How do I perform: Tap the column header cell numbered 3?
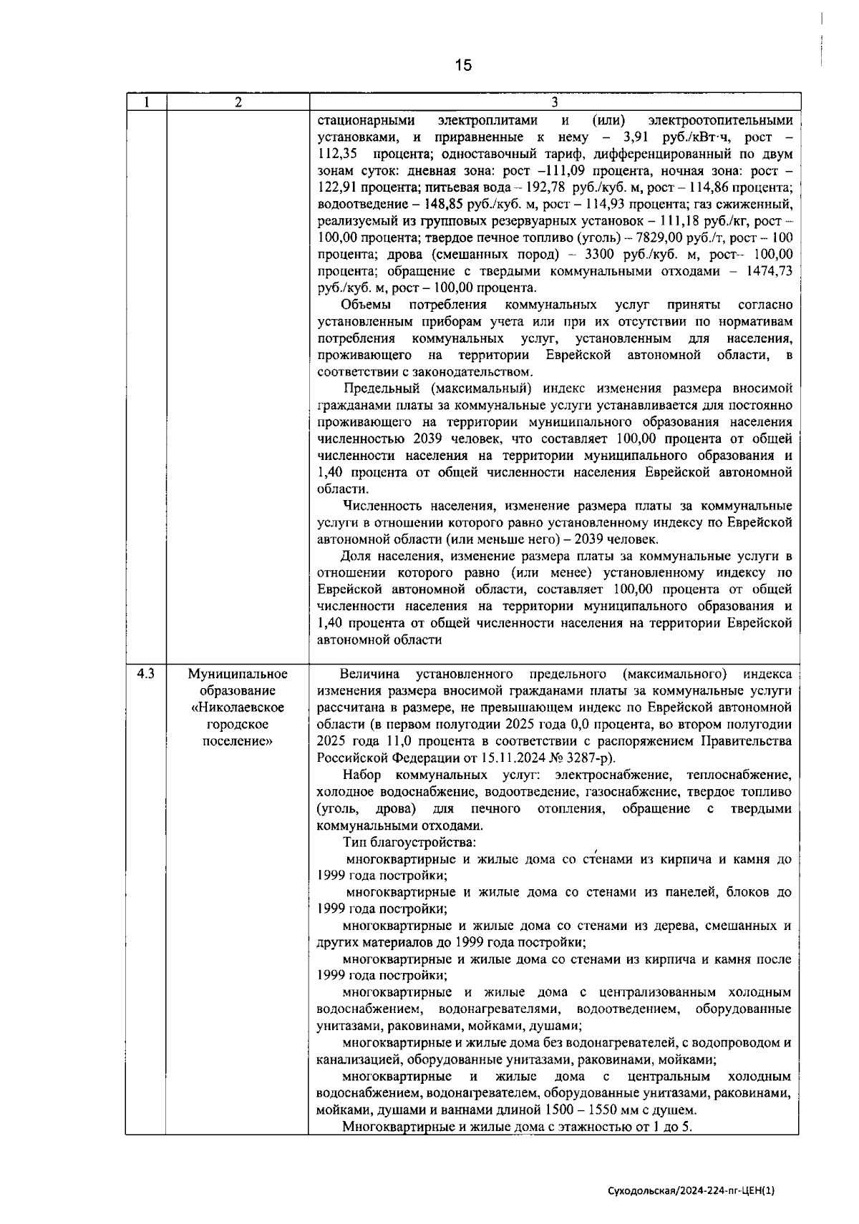pyautogui.click(x=554, y=102)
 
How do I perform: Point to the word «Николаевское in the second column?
pyautogui.click(x=238, y=708)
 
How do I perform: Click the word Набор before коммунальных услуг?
pyautogui.click(x=362, y=775)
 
